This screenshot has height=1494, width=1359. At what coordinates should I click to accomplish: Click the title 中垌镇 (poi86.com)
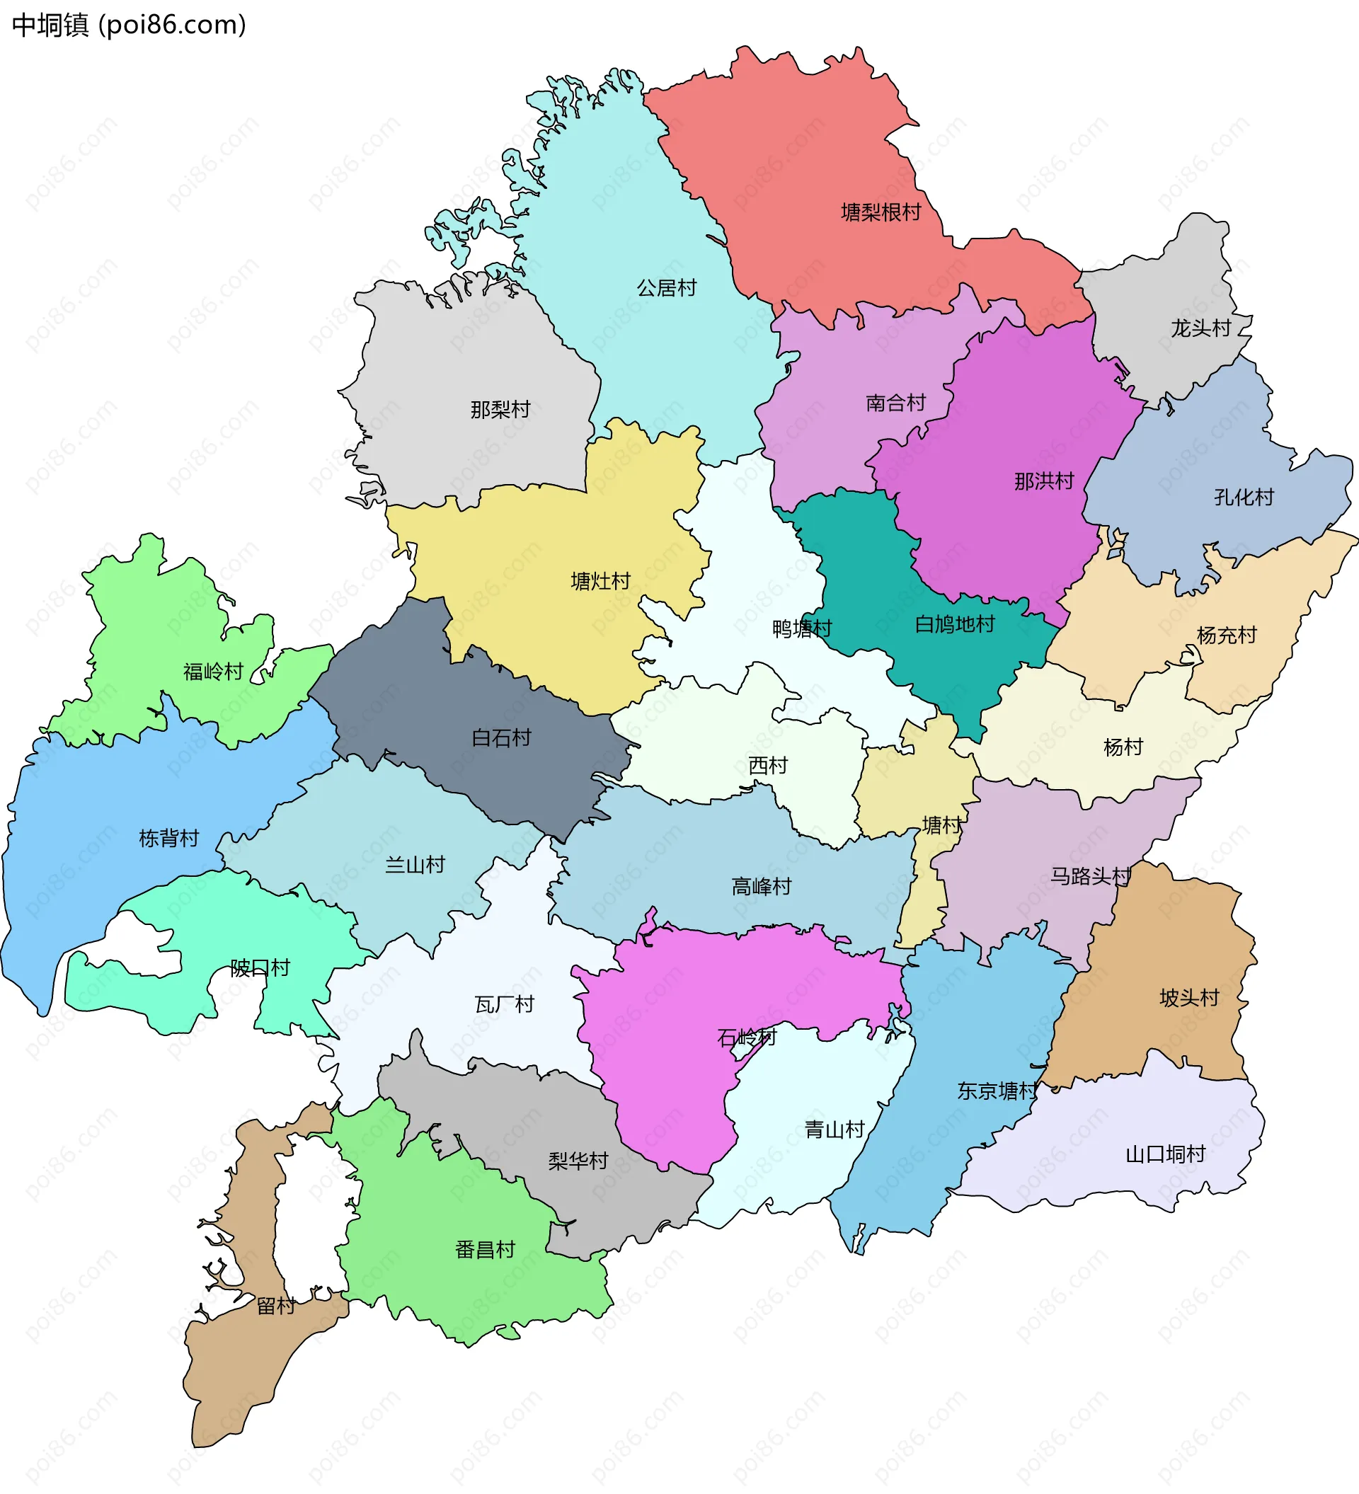pyautogui.click(x=129, y=25)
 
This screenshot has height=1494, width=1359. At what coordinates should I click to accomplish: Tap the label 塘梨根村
pyautogui.click(x=881, y=213)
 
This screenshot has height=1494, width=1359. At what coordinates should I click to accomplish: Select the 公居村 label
pyautogui.click(x=666, y=287)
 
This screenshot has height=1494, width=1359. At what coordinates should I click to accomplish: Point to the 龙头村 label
pyautogui.click(x=1200, y=328)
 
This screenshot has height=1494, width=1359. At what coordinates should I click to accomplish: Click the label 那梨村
pyautogui.click(x=500, y=409)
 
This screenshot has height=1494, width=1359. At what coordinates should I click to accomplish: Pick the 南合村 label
pyautogui.click(x=895, y=403)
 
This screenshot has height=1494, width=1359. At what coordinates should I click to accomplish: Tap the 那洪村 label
pyautogui.click(x=1043, y=481)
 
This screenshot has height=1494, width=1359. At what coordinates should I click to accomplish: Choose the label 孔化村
pyautogui.click(x=1244, y=497)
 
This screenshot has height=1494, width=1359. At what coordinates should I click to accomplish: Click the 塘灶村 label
pyautogui.click(x=600, y=581)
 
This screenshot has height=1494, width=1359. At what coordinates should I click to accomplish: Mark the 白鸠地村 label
pyautogui.click(x=954, y=624)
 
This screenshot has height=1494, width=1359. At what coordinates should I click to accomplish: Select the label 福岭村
pyautogui.click(x=214, y=672)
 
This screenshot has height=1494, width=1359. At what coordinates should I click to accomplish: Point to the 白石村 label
pyautogui.click(x=501, y=737)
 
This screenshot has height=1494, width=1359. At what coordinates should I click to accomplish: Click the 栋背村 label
pyautogui.click(x=169, y=838)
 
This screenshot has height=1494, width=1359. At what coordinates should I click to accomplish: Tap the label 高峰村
pyautogui.click(x=761, y=886)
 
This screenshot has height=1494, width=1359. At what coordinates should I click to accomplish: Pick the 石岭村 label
pyautogui.click(x=747, y=1037)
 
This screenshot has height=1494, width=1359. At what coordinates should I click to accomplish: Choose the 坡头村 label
pyautogui.click(x=1188, y=997)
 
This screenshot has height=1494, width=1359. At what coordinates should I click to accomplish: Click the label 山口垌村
pyautogui.click(x=1165, y=1154)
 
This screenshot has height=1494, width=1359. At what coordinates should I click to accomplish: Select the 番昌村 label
pyautogui.click(x=485, y=1249)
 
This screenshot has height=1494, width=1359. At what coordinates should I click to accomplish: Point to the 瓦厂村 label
pyautogui.click(x=504, y=1004)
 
